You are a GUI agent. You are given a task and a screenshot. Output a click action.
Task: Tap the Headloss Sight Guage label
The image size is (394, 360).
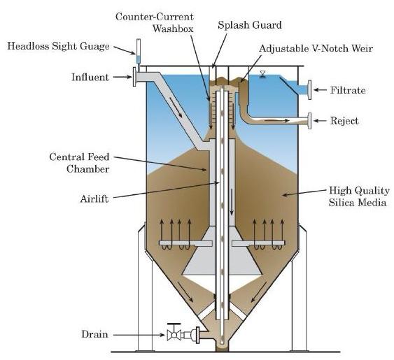pos(59,47)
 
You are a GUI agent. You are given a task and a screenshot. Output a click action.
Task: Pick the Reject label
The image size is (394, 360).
pos(344,121)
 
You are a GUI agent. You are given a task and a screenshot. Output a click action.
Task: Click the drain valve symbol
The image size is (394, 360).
pos(173,334)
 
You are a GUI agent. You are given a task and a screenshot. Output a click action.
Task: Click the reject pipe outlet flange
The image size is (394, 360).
pos(308,122)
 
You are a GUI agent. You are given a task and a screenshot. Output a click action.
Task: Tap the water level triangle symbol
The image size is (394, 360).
pos(262,73)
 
